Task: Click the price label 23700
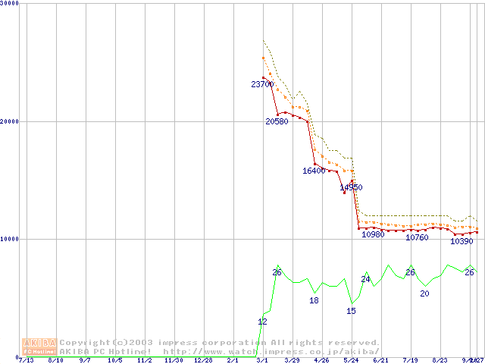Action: [262, 84]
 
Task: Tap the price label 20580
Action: [277, 121]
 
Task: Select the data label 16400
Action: [314, 171]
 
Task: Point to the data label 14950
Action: [351, 187]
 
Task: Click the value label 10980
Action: [373, 234]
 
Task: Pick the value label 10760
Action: [417, 237]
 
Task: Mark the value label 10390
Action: [462, 241]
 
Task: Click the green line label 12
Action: [262, 322]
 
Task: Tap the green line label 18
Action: [314, 300]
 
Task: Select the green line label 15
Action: [351, 310]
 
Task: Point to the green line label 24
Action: [365, 279]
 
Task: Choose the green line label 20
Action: [424, 293]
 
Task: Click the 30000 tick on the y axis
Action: [9, 3]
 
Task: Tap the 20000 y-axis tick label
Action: [9, 121]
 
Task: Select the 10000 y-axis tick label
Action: [9, 239]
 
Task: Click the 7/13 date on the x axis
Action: [26, 360]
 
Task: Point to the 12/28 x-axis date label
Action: [202, 360]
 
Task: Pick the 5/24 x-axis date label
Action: [351, 360]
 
